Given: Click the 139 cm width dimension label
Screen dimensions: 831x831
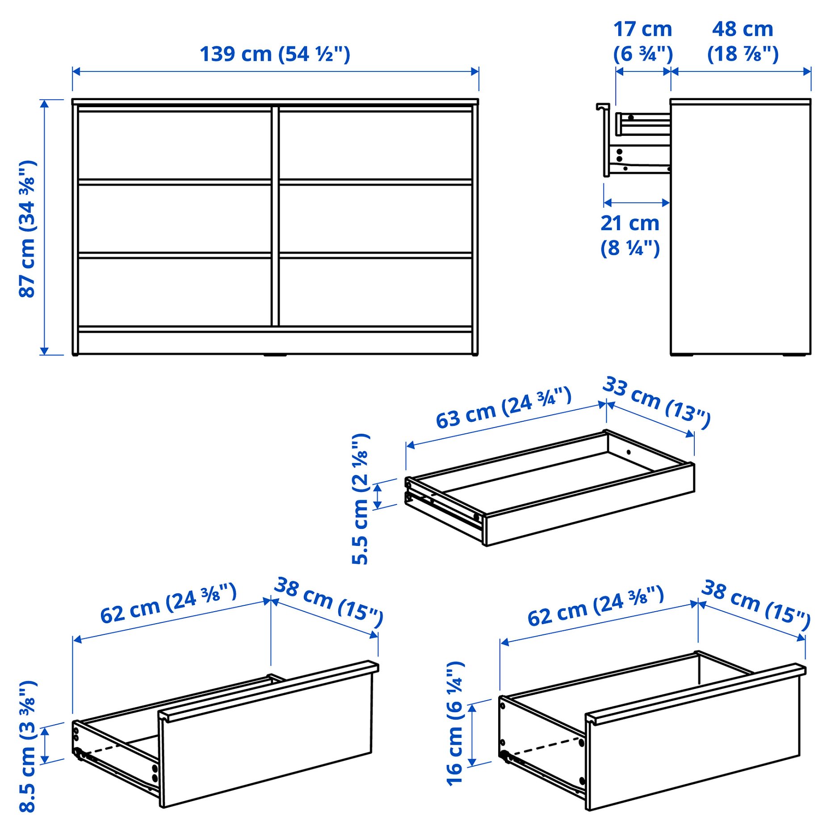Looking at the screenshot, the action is (275, 54).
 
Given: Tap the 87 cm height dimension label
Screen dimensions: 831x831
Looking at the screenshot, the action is (28, 228).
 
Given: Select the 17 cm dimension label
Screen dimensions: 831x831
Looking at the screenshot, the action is (642, 41).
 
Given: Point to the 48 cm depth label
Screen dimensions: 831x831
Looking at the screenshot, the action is (743, 41).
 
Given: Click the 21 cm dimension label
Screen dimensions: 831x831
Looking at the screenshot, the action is (630, 235).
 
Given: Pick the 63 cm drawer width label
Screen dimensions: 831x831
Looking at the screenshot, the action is (504, 407).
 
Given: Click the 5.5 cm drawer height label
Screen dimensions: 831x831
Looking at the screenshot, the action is (361, 499).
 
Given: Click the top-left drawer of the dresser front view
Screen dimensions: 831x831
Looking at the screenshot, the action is (175, 145).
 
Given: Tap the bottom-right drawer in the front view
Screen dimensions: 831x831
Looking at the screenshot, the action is (376, 292).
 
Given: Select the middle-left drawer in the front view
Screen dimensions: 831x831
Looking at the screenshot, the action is (175, 218).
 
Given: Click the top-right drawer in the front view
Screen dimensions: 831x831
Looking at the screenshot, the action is (376, 145).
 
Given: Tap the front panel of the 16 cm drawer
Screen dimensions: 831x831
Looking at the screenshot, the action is (695, 738).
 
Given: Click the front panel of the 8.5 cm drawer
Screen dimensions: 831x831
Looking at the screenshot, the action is (268, 734).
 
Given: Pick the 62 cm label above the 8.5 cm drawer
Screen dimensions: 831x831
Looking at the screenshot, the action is (168, 604).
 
